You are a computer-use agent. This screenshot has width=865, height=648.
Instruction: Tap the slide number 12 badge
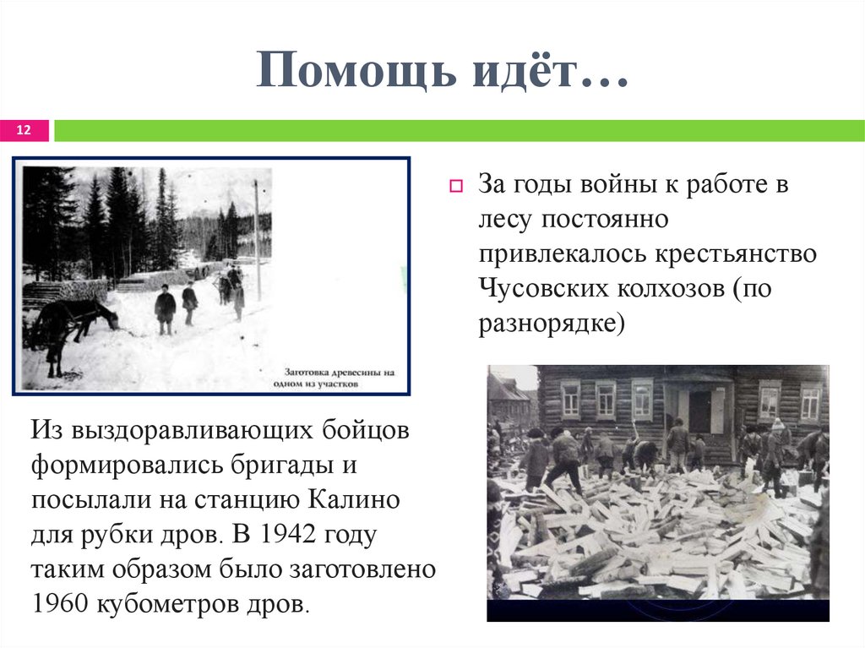click(24, 130)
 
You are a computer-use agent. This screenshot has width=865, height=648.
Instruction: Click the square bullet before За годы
click(454, 186)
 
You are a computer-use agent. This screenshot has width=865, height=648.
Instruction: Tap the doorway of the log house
click(699, 411)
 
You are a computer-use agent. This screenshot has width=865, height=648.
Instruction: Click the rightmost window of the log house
click(809, 402)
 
